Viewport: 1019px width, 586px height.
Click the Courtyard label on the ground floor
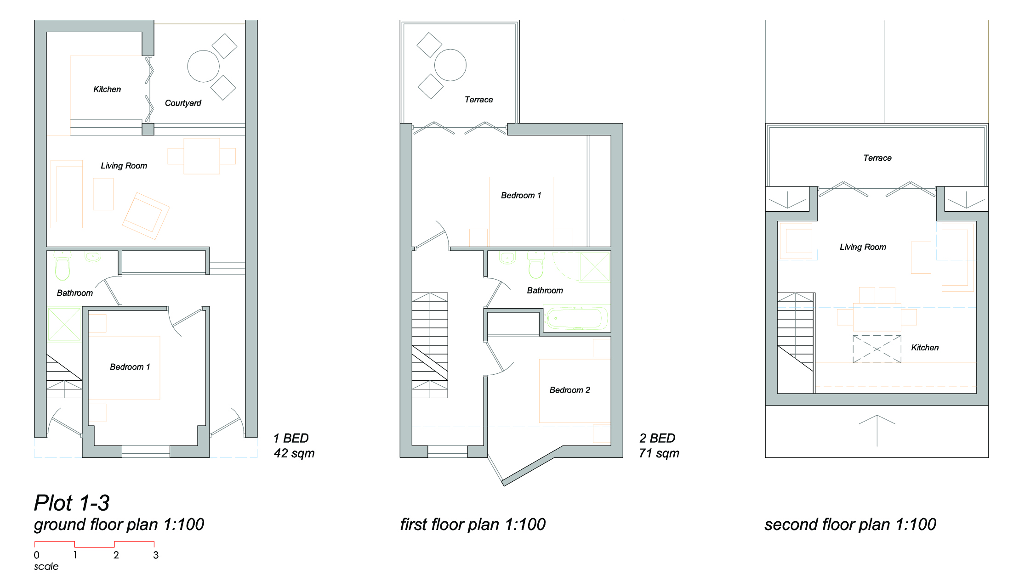tap(183, 103)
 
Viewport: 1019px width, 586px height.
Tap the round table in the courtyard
tap(203, 66)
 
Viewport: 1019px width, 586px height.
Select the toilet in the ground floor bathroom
tap(63, 266)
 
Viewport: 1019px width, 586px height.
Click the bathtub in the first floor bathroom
tap(575, 318)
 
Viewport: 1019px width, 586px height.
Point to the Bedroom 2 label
tap(569, 390)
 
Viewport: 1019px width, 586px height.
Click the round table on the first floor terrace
tap(450, 65)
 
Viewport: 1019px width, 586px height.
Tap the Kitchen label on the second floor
tap(925, 348)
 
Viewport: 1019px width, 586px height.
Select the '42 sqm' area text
tap(294, 453)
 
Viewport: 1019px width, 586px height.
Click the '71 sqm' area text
tap(659, 453)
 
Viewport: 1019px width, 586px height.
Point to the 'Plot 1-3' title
tap(72, 503)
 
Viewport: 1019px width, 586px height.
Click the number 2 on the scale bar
tap(116, 555)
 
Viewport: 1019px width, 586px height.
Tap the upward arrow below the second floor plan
tap(877, 431)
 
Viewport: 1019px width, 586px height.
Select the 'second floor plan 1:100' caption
tap(850, 524)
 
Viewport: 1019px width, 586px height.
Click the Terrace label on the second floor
tap(877, 158)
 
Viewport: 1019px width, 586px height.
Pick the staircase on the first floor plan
tap(430, 345)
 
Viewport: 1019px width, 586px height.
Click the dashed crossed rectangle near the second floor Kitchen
tap(877, 349)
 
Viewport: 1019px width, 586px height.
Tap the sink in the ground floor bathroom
tap(93, 257)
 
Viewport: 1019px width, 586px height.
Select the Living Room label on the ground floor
tap(124, 166)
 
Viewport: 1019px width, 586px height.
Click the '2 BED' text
tap(657, 438)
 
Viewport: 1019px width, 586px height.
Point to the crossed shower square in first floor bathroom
tap(595, 266)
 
